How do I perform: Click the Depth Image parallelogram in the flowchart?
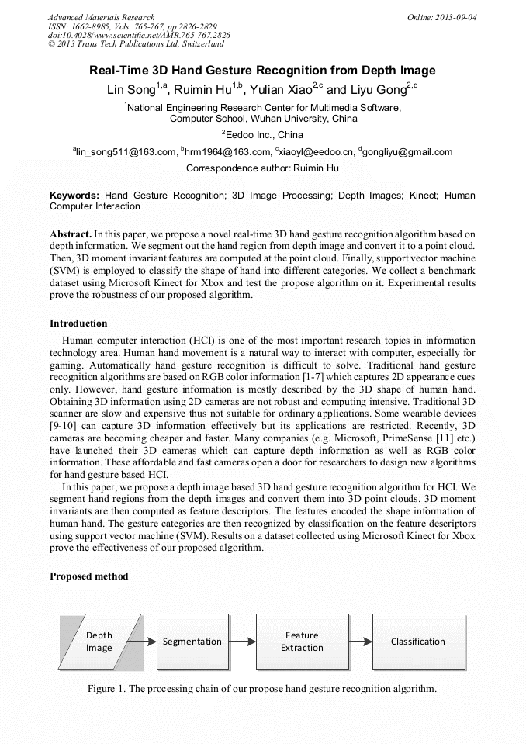pyautogui.click(x=99, y=642)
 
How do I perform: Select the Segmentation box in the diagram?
pyautogui.click(x=192, y=642)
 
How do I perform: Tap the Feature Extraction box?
pyautogui.click(x=302, y=642)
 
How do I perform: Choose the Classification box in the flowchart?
pyautogui.click(x=418, y=642)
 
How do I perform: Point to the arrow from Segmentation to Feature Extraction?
pyautogui.click(x=242, y=642)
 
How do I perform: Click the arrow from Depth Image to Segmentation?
pyautogui.click(x=142, y=642)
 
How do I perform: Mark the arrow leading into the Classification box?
pyautogui.click(x=359, y=642)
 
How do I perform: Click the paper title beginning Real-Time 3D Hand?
pyautogui.click(x=262, y=71)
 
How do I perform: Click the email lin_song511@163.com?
pyautogui.click(x=125, y=152)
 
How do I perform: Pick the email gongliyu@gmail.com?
pyautogui.click(x=407, y=152)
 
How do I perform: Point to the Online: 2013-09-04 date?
pyautogui.click(x=442, y=16)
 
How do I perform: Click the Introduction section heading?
pyautogui.click(x=78, y=324)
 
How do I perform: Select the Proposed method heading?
pyautogui.click(x=88, y=576)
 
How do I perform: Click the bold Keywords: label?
pyautogui.click(x=74, y=196)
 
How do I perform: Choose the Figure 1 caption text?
pyautogui.click(x=262, y=689)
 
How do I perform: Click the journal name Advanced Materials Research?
pyautogui.click(x=101, y=16)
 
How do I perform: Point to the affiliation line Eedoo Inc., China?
pyautogui.click(x=262, y=134)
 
